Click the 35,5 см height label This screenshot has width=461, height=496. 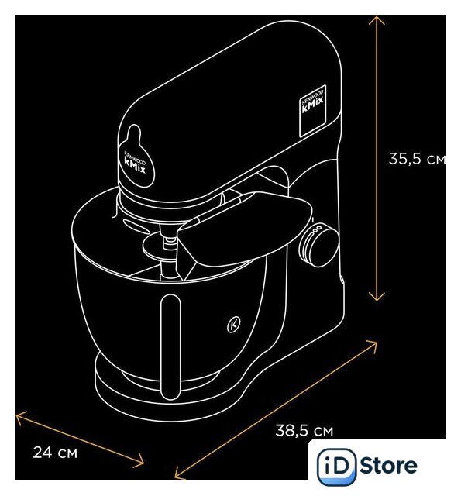tap(417, 159)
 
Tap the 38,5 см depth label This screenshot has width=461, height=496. tap(304, 431)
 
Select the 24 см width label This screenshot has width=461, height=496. tap(55, 453)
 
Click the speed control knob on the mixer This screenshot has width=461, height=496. tap(318, 246)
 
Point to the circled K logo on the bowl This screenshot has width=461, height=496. tap(234, 325)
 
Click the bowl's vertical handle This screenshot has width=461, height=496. tap(170, 346)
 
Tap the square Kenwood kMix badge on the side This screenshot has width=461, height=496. tap(312, 111)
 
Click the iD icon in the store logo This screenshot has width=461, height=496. tap(336, 467)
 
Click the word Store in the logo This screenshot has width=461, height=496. tap(388, 466)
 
